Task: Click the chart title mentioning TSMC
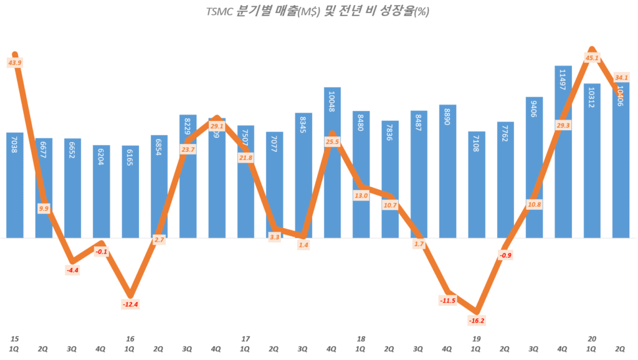coord(318,11)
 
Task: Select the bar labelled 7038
coord(15,187)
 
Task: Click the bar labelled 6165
coord(130,193)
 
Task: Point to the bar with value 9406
coord(535,168)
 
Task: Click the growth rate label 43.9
coord(15,62)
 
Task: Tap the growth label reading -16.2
coord(477,320)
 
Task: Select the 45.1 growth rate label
coord(593,58)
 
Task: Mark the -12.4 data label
coord(130,304)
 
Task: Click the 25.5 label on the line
coord(333,142)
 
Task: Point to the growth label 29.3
coord(563,125)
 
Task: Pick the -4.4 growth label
coord(73,270)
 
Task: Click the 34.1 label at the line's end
coord(621,78)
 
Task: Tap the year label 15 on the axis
coord(14,338)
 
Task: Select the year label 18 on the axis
coord(361,338)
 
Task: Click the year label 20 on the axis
coord(592,338)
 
